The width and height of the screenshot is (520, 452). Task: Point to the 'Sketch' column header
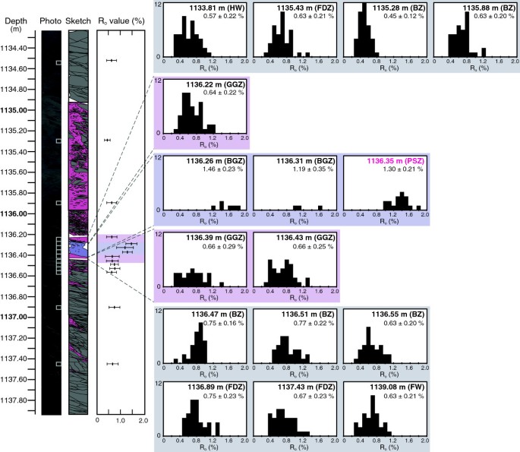tap(79, 23)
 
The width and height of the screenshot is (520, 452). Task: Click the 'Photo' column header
tap(51, 23)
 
